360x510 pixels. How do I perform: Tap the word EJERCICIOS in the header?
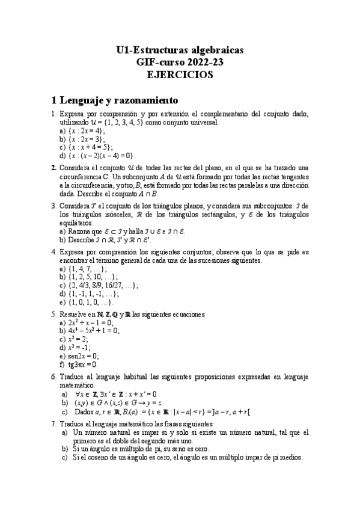point(180,75)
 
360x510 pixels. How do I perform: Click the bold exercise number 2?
point(54,167)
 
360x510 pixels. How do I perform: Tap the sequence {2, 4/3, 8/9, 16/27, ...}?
point(103,286)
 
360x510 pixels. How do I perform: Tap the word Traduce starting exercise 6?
point(73,376)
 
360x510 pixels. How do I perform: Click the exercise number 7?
point(54,423)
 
